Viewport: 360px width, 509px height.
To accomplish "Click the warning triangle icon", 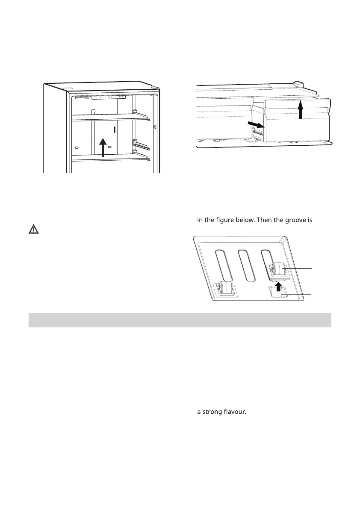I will [33, 229].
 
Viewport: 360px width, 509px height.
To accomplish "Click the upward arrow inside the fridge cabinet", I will [103, 147].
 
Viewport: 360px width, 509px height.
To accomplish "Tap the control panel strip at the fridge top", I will [109, 97].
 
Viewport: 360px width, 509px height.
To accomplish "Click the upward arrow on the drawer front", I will [301, 109].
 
